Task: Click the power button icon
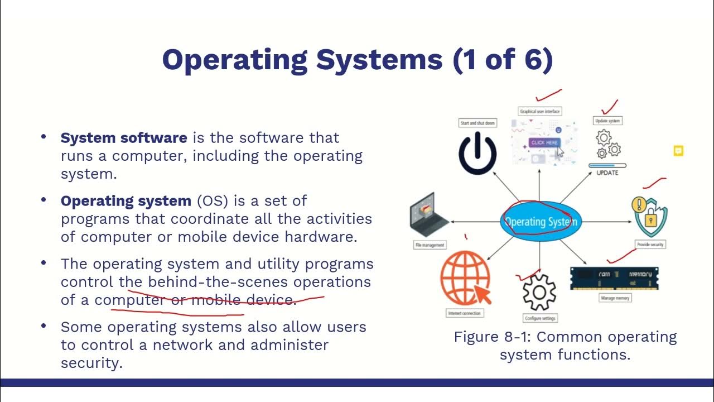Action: pos(477,152)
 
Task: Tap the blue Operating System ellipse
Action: pos(541,222)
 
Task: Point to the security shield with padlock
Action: pos(650,217)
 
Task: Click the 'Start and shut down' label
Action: pos(477,123)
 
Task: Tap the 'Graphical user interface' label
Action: pos(540,112)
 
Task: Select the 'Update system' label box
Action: pos(607,121)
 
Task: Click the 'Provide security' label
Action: pos(651,245)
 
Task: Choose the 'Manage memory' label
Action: pos(615,298)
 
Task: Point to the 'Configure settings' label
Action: pos(540,318)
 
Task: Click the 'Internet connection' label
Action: pos(464,313)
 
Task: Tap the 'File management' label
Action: pos(430,245)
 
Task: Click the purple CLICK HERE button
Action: pos(544,143)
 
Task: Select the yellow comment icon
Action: pos(678,151)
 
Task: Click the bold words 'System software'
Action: pos(124,138)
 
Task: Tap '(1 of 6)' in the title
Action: pos(503,60)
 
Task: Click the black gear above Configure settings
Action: pos(539,291)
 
